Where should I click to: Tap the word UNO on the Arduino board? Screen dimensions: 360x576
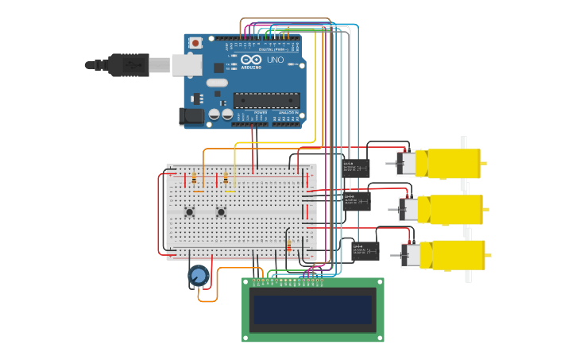click(274, 60)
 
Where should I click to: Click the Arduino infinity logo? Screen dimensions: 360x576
click(251, 60)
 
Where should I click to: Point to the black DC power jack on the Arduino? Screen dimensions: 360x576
click(191, 116)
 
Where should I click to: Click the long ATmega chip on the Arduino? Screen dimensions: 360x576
click(265, 100)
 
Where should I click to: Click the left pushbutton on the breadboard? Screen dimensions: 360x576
click(189, 211)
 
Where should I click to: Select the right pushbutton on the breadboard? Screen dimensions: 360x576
click(221, 211)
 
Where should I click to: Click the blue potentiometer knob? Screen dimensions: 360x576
click(198, 277)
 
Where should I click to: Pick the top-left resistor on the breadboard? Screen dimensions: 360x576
click(195, 180)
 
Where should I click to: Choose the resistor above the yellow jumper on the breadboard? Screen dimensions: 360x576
click(226, 178)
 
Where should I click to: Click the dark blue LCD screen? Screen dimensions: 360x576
click(312, 310)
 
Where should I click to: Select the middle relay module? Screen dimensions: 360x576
click(356, 200)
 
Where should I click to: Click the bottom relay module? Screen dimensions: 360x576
click(365, 251)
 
